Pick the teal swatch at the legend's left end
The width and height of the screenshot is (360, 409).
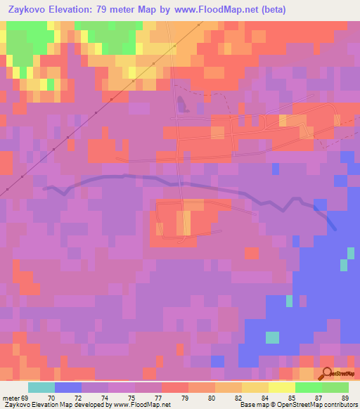(41, 387)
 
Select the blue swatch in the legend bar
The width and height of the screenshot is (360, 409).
(68, 387)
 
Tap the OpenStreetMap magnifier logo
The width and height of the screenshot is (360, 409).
(326, 373)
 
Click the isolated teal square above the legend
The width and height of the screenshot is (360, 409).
(272, 337)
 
